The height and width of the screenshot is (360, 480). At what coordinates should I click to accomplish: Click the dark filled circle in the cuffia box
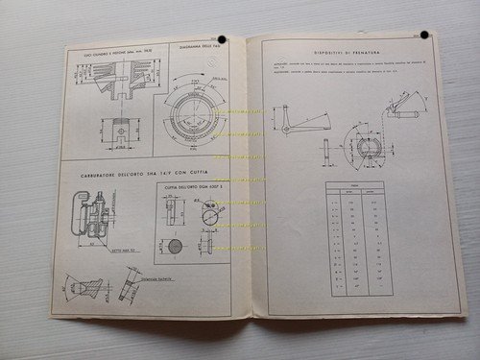(175, 247)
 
